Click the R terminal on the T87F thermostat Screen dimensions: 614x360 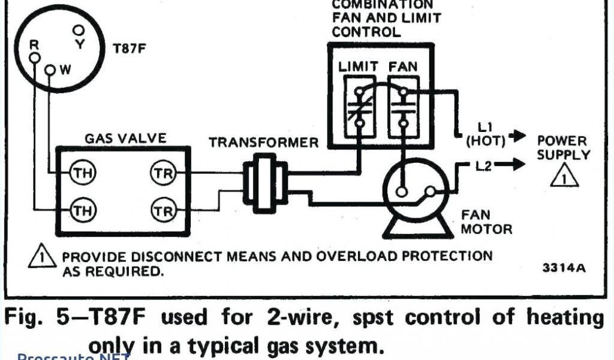(35, 56)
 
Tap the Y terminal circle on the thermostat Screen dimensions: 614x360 (79, 29)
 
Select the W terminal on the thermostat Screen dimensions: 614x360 (50, 71)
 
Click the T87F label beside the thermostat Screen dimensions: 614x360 (130, 49)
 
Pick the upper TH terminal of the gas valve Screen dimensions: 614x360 (79, 173)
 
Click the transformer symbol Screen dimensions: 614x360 (261, 182)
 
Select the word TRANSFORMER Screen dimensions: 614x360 (264, 143)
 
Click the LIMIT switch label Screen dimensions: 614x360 (358, 66)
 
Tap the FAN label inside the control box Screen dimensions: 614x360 (403, 66)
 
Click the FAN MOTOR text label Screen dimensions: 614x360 (486, 222)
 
